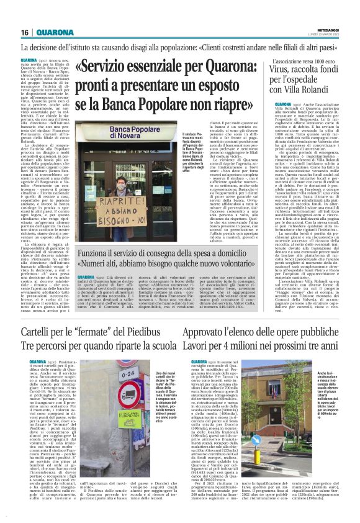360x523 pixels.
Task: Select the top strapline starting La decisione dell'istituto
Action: click(180, 47)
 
